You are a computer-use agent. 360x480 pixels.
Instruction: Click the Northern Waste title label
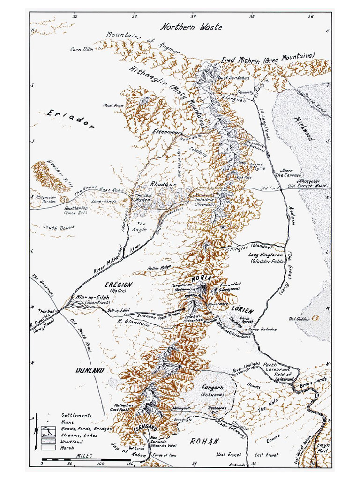point(191,27)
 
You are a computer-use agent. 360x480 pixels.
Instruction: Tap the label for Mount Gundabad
point(233,78)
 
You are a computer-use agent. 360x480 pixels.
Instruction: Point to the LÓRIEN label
point(242,310)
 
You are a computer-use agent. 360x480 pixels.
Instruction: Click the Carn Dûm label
point(80,49)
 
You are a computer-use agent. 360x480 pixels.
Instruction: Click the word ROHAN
point(204,442)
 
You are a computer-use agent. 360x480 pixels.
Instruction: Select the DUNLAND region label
point(90,370)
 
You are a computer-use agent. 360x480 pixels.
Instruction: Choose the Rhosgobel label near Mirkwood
point(309,180)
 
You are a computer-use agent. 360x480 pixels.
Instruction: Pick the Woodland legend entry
point(71,442)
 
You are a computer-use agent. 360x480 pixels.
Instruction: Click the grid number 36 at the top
point(310,17)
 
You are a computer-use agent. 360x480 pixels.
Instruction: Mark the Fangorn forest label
point(212,388)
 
